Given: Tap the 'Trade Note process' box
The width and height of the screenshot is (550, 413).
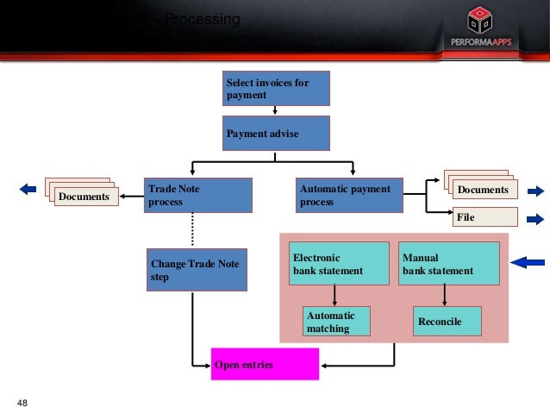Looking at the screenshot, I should (x=198, y=195).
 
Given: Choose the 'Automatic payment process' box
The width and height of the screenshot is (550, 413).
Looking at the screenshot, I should (x=350, y=195).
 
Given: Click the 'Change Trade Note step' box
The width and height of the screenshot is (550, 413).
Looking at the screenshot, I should (x=197, y=269).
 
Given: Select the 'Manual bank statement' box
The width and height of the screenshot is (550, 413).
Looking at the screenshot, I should (x=448, y=264).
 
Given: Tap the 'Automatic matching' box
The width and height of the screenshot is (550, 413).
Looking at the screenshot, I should (x=336, y=322).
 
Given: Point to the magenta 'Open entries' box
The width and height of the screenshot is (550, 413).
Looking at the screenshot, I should (x=266, y=365).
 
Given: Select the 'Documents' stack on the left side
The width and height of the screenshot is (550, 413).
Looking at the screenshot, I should (x=83, y=195).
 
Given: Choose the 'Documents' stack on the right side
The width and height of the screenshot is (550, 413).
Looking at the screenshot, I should (x=480, y=187).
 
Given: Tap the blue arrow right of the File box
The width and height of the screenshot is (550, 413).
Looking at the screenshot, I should (x=534, y=217).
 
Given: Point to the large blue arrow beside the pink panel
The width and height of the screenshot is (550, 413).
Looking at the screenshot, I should (x=528, y=262).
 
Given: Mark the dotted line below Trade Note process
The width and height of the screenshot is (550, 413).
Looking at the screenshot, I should (x=191, y=230).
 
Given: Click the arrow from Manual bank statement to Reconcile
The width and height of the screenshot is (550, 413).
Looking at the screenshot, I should (x=444, y=296).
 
